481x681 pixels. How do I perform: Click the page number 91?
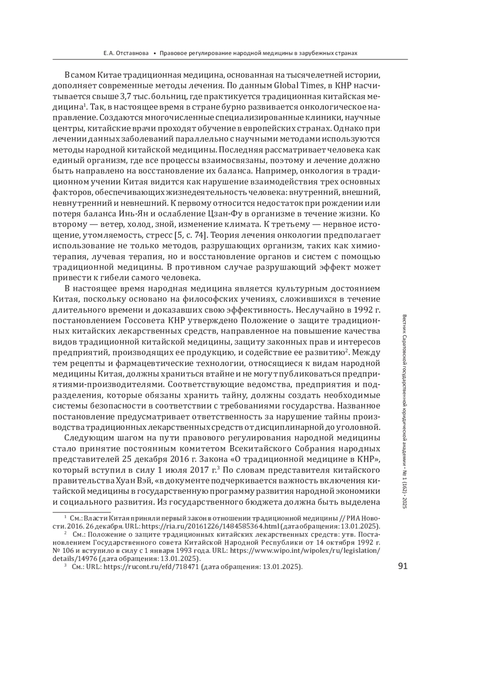(402, 566)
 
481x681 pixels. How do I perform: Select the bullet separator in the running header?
(155, 53)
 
